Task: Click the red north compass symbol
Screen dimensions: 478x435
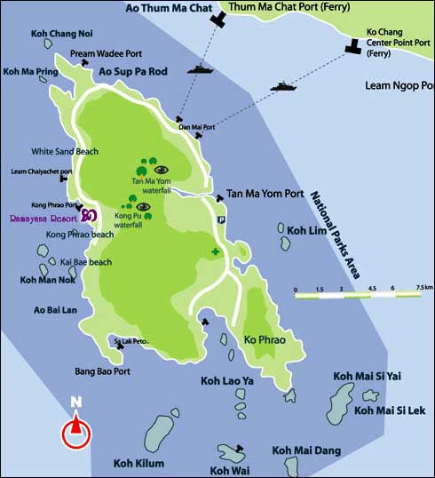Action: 75,433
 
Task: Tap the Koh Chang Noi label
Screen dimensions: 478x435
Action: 62,35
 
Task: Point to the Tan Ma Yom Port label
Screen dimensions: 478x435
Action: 265,194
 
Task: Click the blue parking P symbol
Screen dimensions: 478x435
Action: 222,219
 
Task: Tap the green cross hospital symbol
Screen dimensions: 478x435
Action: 215,253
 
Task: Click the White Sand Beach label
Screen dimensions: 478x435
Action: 65,152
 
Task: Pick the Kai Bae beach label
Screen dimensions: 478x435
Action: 85,262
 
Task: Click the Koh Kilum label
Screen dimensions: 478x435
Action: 138,462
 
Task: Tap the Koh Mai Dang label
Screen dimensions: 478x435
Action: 305,450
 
